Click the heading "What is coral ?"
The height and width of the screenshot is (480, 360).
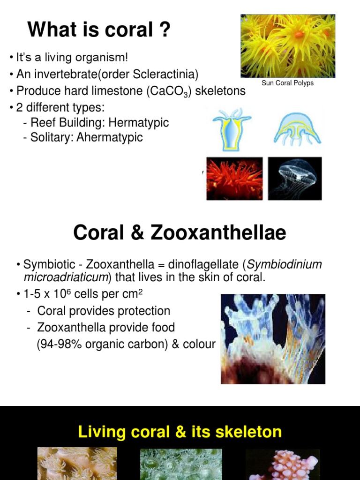pos(99,30)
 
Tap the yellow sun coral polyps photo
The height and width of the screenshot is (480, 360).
pos(288,45)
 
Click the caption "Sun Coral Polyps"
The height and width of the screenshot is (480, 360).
pos(288,83)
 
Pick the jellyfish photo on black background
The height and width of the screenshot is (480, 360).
pos(295,178)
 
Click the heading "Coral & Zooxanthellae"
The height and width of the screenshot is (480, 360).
pos(180,232)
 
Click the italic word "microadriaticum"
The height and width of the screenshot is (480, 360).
pos(66,277)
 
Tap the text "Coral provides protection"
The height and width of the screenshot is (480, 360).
pos(104,311)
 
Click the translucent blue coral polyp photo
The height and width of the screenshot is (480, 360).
pos(273,338)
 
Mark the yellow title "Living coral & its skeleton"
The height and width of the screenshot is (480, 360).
pos(180,431)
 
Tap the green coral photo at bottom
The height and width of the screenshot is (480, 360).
pos(181,464)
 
